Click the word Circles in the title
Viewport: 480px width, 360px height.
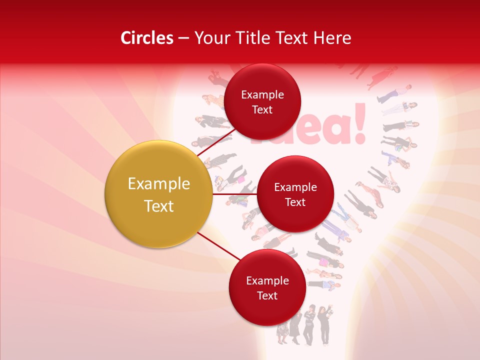pyautogui.click(x=147, y=38)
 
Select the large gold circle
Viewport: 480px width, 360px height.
pyautogui.click(x=158, y=194)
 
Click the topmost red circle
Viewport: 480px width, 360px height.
pyautogui.click(x=262, y=101)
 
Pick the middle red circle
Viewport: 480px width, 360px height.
pyautogui.click(x=295, y=194)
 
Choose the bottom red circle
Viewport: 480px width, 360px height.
pyautogui.click(x=267, y=287)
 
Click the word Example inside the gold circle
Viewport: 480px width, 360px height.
pyautogui.click(x=158, y=184)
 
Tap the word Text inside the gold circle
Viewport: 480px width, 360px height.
pyautogui.click(x=158, y=206)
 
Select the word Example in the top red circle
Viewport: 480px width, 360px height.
pyautogui.click(x=262, y=94)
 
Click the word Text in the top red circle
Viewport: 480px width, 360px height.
pyautogui.click(x=262, y=109)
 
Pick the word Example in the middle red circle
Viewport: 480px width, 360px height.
pyautogui.click(x=295, y=187)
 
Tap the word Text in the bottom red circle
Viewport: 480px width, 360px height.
pyautogui.click(x=267, y=295)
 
